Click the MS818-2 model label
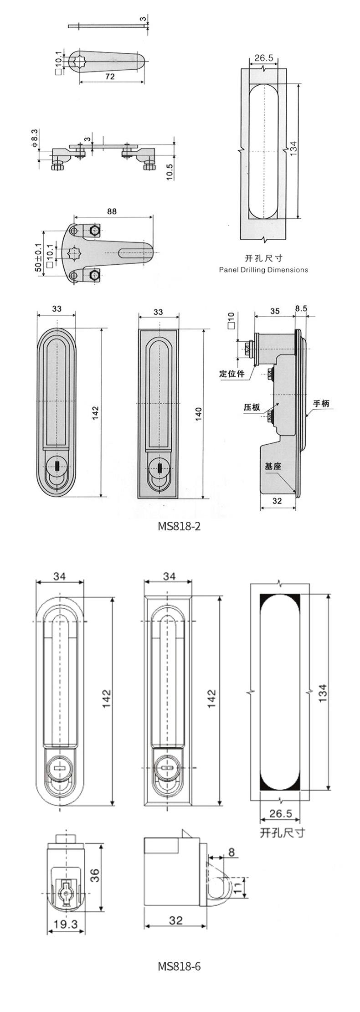pyautogui.click(x=179, y=526)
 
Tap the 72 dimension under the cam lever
pyautogui.click(x=109, y=77)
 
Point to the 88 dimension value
pyautogui.click(x=112, y=211)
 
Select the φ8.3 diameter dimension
pyautogui.click(x=34, y=138)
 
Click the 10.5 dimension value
pyautogui.click(x=170, y=172)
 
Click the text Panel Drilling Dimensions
pyautogui.click(x=263, y=270)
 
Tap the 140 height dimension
pyautogui.click(x=199, y=414)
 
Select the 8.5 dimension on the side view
pyautogui.click(x=301, y=308)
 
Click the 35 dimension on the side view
pyautogui.click(x=275, y=312)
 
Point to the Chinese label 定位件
pyautogui.click(x=231, y=374)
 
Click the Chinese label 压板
pyautogui.click(x=252, y=407)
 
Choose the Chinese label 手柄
pyautogui.click(x=321, y=403)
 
